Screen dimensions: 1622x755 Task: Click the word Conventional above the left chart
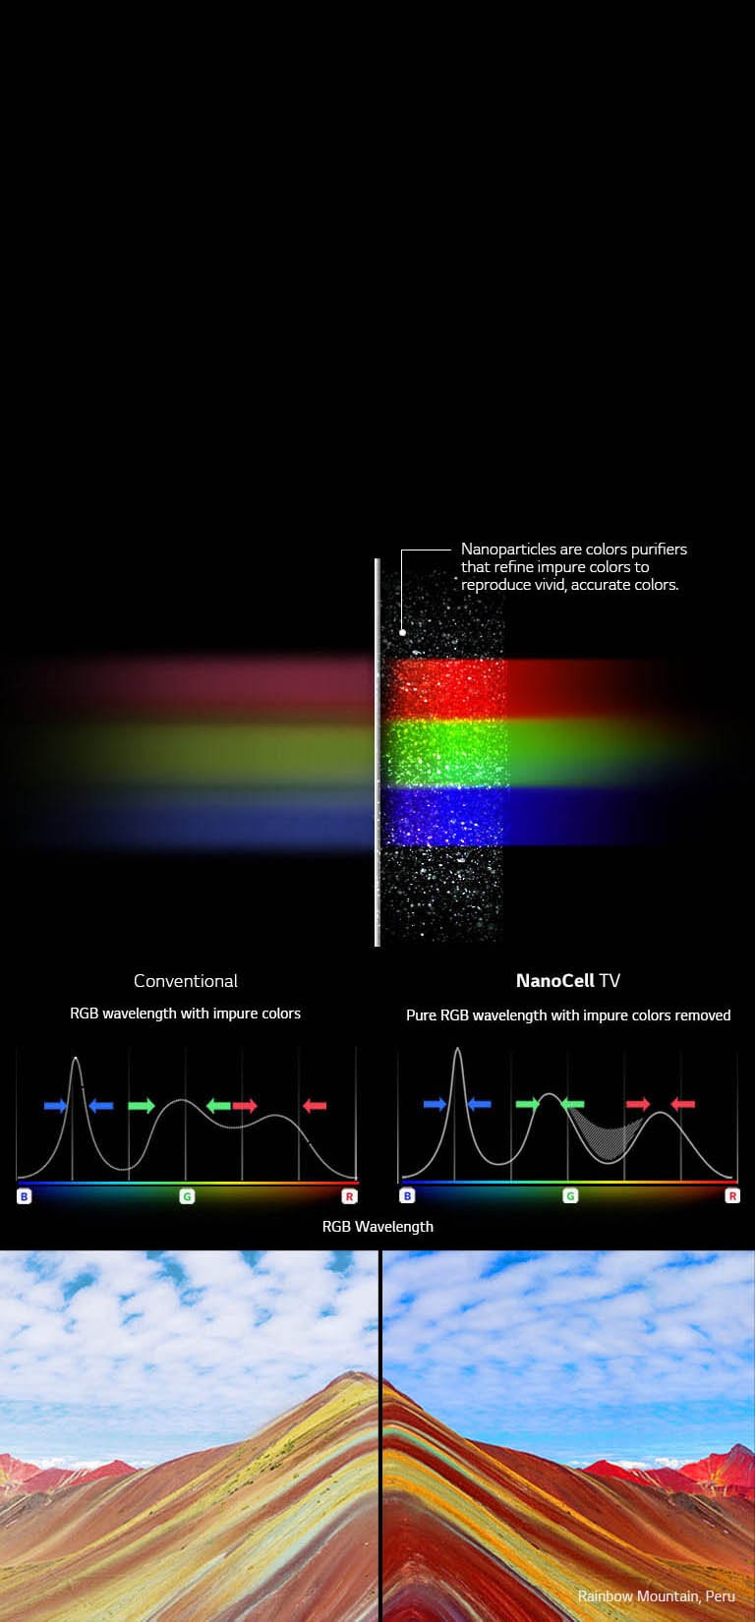coord(186,981)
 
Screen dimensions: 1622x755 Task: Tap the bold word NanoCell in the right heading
coord(555,981)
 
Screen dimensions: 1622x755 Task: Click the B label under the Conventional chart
coord(24,1196)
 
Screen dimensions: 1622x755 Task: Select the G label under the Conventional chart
coord(187,1196)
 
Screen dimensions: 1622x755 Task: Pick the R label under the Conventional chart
coord(349,1196)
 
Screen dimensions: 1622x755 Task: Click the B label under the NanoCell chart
coord(407,1196)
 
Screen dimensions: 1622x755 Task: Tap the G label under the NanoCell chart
coord(570,1196)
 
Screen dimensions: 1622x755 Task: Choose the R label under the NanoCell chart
coord(731,1196)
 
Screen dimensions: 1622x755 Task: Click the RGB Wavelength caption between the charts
coord(377,1227)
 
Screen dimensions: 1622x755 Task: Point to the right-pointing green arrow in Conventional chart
coord(142,1106)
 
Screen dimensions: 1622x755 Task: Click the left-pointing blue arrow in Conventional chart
coord(100,1106)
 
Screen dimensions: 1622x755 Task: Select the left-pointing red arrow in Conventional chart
coord(315,1106)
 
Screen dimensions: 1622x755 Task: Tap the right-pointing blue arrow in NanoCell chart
coord(435,1105)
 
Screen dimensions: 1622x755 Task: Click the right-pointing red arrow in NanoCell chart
coord(638,1104)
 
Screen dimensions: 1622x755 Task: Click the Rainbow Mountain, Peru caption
coord(656,1595)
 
